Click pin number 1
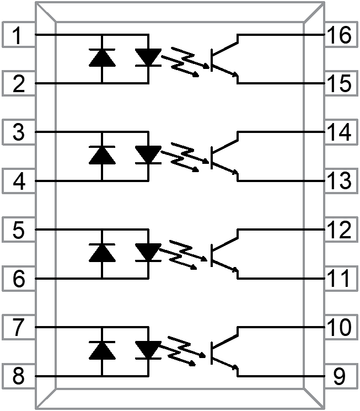[18, 36]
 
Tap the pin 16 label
[338, 36]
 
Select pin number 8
[18, 377]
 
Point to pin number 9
[338, 377]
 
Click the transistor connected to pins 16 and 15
[224, 58]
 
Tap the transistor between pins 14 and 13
[224, 156]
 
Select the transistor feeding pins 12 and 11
[224, 254]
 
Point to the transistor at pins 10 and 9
[224, 351]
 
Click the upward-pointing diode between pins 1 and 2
[102, 58]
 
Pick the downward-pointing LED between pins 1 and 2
[148, 58]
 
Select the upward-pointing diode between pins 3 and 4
[102, 156]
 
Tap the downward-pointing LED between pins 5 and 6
[148, 253]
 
